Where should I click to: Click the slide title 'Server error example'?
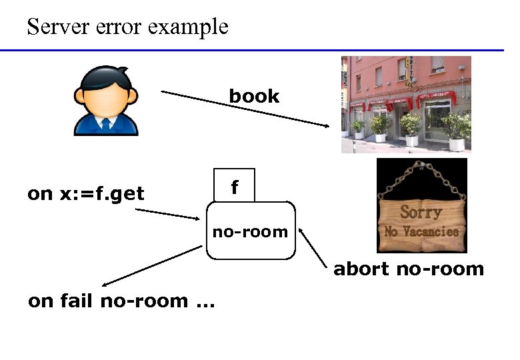(x=127, y=27)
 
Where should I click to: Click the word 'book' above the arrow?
(x=254, y=96)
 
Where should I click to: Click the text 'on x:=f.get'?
(x=85, y=194)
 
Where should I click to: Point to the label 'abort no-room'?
(x=408, y=269)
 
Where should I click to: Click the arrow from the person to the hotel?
(x=247, y=110)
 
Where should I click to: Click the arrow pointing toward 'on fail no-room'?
(x=150, y=266)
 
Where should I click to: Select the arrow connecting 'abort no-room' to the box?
(x=314, y=249)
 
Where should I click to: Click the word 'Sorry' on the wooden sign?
(x=421, y=212)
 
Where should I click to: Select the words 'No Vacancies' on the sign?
(x=421, y=232)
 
